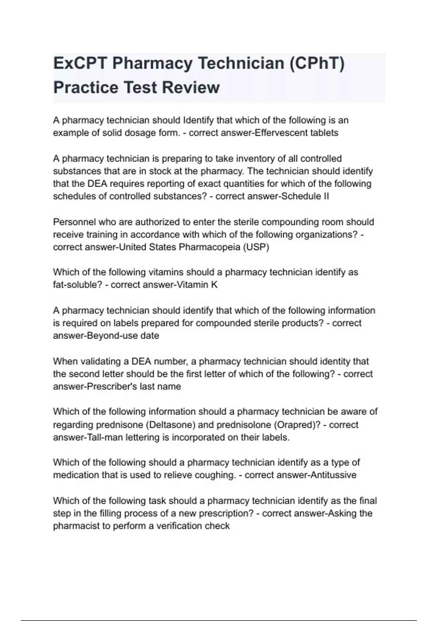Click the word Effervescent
[x=281, y=133]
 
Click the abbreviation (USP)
[x=256, y=247]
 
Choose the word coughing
[x=215, y=475]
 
